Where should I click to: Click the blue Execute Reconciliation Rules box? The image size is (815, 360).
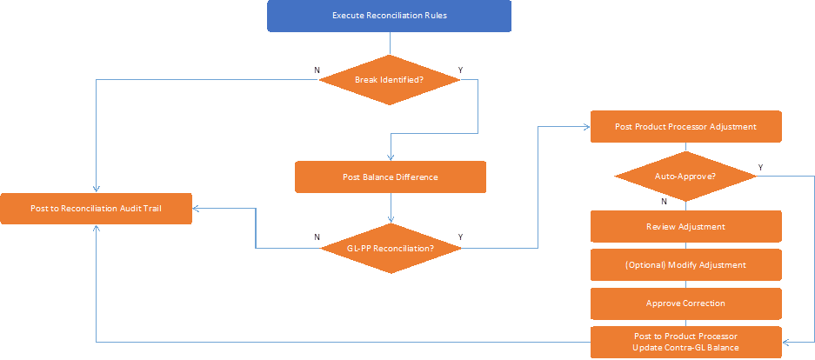[x=389, y=16]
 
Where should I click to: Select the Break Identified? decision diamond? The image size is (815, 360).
[x=389, y=80]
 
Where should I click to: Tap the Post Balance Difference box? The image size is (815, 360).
[x=390, y=177]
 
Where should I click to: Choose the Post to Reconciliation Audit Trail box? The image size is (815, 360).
[x=96, y=208]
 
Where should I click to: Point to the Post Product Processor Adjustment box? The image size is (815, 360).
[x=685, y=126]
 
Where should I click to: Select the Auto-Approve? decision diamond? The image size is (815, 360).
[x=685, y=177]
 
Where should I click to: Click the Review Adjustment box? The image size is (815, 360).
[x=685, y=226]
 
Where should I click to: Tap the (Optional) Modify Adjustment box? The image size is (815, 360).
[x=685, y=264]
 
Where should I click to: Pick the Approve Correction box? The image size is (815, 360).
[x=685, y=303]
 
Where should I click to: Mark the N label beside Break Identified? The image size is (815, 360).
[x=316, y=70]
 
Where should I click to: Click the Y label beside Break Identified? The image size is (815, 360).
[x=460, y=70]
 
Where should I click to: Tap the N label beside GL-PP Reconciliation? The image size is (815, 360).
[x=316, y=237]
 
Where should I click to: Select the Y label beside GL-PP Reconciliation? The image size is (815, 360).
[x=460, y=237]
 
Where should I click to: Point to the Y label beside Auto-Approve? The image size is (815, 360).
[x=760, y=167]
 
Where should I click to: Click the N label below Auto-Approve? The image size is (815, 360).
[x=664, y=201]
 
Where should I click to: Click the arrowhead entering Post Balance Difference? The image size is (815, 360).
[x=391, y=157]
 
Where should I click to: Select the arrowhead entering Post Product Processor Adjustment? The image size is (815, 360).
[x=587, y=126]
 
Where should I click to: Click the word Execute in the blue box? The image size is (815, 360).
[x=348, y=16]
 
